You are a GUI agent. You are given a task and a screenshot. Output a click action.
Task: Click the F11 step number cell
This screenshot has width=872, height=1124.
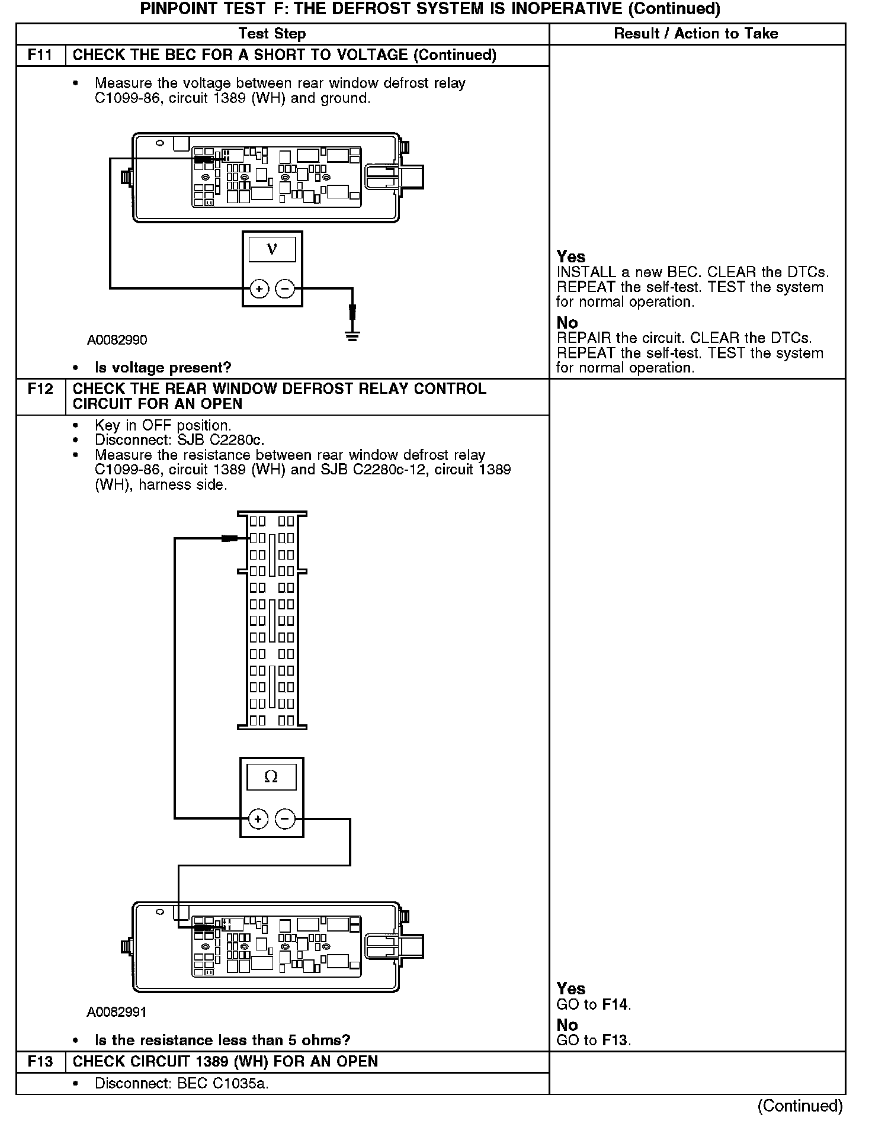click(40, 55)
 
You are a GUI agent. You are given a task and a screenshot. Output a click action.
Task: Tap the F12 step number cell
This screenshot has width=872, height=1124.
click(40, 389)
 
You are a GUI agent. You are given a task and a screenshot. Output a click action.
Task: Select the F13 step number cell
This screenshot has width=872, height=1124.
click(40, 1061)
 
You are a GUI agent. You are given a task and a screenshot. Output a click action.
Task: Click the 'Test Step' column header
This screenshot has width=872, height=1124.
click(272, 34)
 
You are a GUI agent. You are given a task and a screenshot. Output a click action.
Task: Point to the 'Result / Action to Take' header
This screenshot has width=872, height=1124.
click(696, 34)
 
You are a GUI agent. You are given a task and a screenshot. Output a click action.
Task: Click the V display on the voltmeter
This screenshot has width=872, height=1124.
click(272, 249)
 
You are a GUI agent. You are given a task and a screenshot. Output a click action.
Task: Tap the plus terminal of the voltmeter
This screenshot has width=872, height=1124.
click(259, 289)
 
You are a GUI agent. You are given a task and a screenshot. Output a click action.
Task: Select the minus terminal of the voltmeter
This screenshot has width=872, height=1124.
click(285, 289)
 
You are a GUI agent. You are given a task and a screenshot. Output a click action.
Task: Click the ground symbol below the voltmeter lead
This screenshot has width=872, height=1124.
click(352, 337)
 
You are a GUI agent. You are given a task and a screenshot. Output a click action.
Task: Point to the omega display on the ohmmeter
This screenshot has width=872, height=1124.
click(271, 776)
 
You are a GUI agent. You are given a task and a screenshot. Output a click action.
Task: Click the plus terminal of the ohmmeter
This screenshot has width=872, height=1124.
click(258, 819)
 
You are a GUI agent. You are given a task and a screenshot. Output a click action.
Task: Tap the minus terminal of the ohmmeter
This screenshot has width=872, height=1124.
click(285, 819)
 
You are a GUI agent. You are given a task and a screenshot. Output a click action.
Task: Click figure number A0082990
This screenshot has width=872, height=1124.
click(117, 340)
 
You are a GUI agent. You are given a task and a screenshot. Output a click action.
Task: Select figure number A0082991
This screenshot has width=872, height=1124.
click(117, 1012)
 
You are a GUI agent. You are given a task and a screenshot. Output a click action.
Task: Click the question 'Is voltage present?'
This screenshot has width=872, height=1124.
click(163, 368)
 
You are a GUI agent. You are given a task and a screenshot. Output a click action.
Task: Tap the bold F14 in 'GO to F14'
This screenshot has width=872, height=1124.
click(615, 1004)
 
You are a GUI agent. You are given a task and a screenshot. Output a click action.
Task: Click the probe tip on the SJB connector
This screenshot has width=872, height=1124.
click(230, 538)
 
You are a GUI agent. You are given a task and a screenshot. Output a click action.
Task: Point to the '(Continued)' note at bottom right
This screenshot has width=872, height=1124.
click(800, 1105)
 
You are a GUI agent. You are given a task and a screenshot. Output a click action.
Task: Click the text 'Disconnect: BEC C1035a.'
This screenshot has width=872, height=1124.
click(181, 1084)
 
